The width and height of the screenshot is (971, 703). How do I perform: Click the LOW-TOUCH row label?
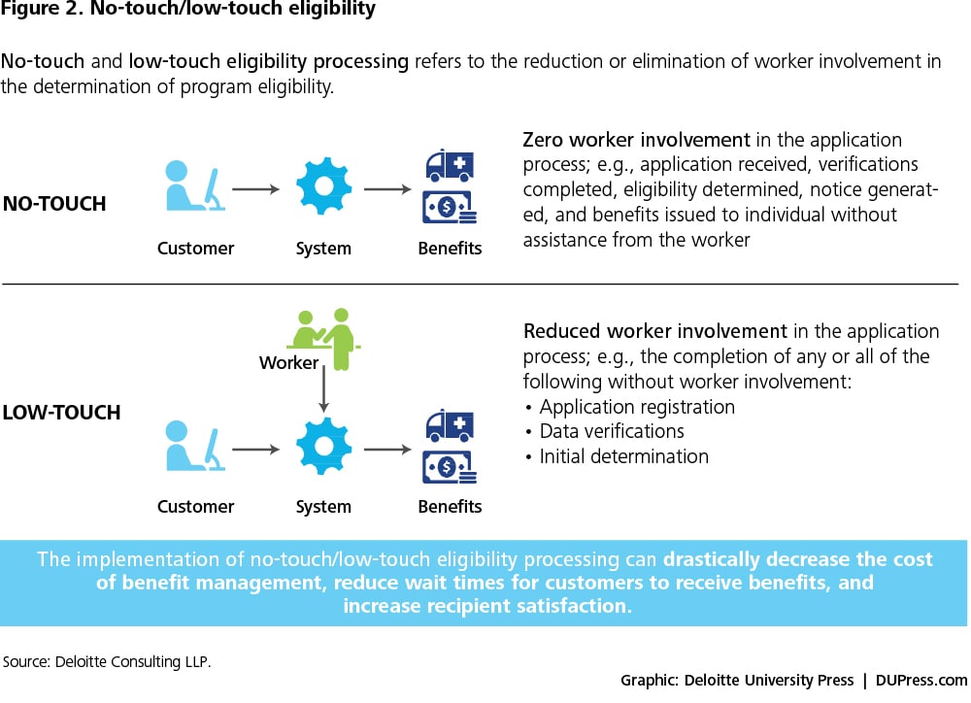coord(62,412)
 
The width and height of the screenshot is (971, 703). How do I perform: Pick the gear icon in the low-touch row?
coord(323,448)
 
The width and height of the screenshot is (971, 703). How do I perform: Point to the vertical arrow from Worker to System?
coord(323,392)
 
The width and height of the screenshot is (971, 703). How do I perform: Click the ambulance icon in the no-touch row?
coord(449,165)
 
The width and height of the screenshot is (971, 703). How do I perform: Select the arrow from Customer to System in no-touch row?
coord(256,189)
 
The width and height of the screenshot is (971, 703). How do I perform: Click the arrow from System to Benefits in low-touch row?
coord(388,450)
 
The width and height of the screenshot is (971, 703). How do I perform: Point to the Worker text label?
coord(288,363)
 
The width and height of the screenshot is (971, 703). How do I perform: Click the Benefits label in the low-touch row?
coord(450,507)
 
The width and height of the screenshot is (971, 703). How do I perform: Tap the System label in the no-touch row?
coord(323,249)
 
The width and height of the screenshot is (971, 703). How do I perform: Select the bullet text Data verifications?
coord(612,431)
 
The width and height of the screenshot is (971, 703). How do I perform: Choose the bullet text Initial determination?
coord(623,456)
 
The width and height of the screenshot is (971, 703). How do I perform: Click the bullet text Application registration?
coord(637,407)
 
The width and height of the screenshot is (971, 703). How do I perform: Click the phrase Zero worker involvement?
coord(636,140)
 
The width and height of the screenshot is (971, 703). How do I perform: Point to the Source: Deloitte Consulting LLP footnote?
coord(108,661)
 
